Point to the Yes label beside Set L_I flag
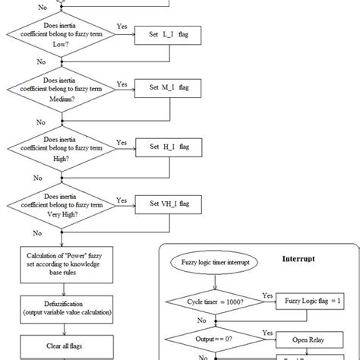[x=122, y=27]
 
